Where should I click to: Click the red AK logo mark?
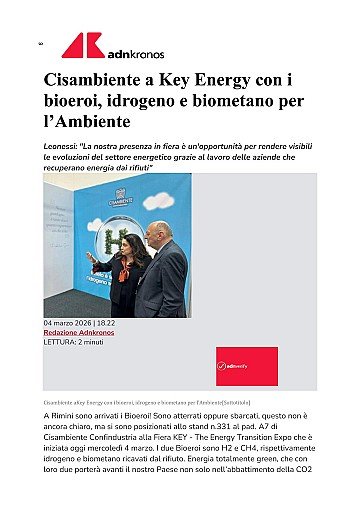pos(82,45)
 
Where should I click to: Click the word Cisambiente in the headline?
pos(98,81)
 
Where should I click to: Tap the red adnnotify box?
pos(246,367)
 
